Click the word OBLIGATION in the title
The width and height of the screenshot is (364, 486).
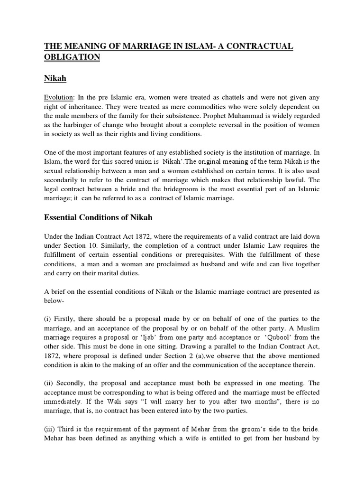(72, 57)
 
